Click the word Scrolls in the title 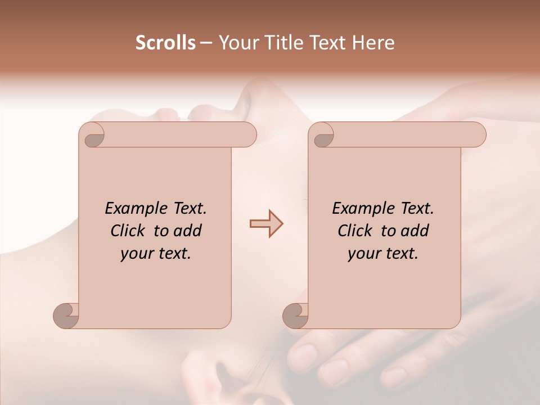[166, 43]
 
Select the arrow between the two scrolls [266, 224]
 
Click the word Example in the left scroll [130, 208]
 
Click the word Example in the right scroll [358, 208]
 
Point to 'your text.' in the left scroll [156, 254]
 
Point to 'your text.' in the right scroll [383, 254]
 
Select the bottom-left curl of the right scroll [295, 315]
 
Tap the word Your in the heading [236, 43]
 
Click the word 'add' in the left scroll [188, 231]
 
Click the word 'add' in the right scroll [415, 231]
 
